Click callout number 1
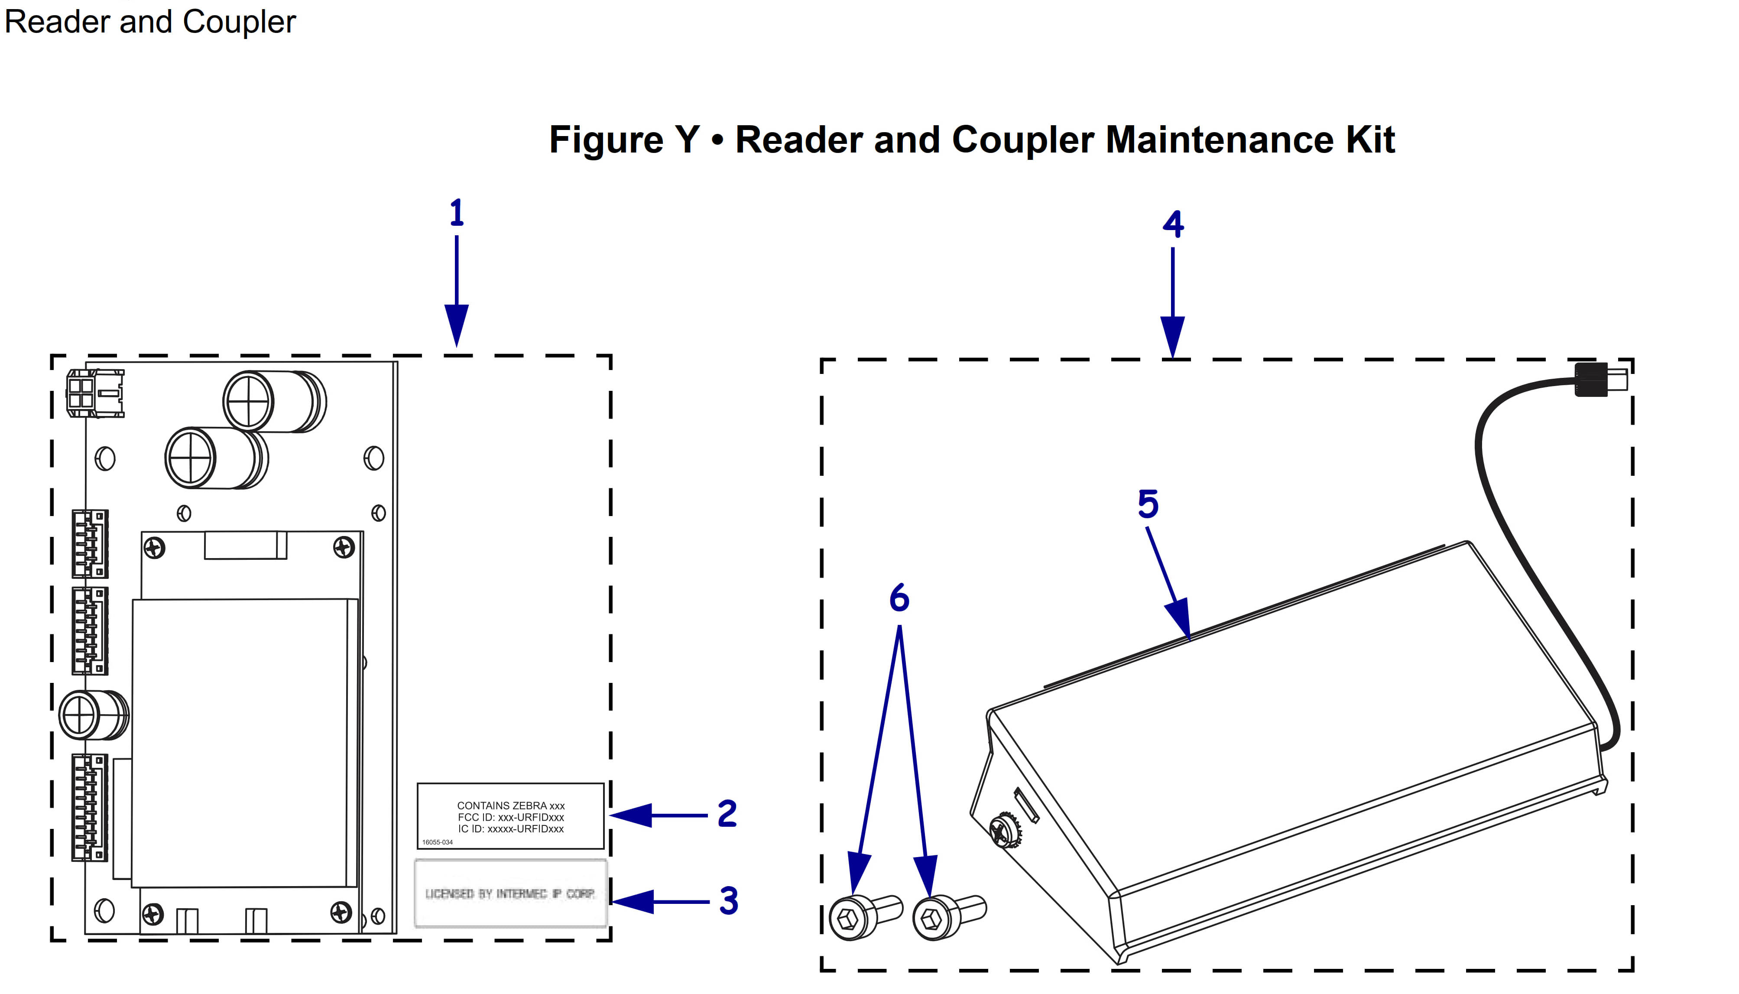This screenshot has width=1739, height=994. pyautogui.click(x=457, y=213)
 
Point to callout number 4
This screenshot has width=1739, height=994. pyautogui.click(x=1172, y=224)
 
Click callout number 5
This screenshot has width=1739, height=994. pyautogui.click(x=1148, y=504)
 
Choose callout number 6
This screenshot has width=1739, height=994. pyautogui.click(x=899, y=598)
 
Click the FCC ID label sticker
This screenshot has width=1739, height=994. pyautogui.click(x=510, y=816)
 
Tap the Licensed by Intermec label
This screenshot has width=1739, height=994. pyautogui.click(x=510, y=893)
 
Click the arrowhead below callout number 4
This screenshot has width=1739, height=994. pyautogui.click(x=1172, y=336)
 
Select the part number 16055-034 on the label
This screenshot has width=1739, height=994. pyautogui.click(x=438, y=842)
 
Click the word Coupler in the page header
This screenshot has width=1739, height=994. pyautogui.click(x=239, y=22)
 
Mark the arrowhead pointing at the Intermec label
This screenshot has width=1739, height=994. pyautogui.click(x=632, y=902)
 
